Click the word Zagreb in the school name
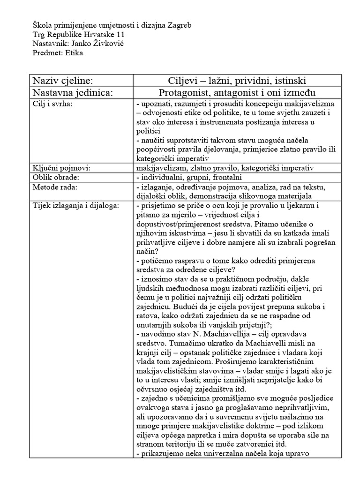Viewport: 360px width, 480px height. (x=179, y=24)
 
